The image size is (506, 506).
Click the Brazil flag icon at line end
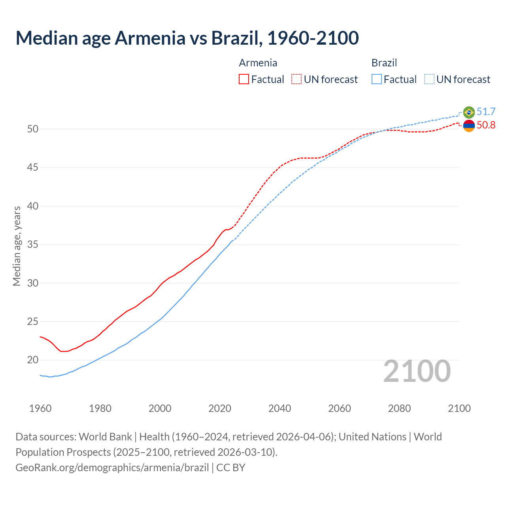[x=469, y=112]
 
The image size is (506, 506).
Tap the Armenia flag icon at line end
[x=469, y=126]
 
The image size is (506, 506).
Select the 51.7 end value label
[x=486, y=112]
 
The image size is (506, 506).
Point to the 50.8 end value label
[x=486, y=125]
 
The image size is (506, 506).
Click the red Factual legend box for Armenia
[x=244, y=79]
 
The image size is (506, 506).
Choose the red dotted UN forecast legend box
[x=296, y=79]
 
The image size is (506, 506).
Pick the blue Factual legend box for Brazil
[x=377, y=79]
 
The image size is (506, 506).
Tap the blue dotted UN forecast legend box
[x=429, y=79]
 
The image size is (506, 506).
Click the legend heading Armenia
[x=258, y=63]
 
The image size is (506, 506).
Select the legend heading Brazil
[x=384, y=63]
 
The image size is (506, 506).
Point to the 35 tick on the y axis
[x=33, y=245]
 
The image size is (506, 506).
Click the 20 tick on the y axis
[x=33, y=360]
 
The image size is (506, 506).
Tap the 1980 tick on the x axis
[x=100, y=408]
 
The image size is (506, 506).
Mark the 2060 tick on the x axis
[x=340, y=408]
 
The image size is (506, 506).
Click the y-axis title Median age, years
[x=17, y=246]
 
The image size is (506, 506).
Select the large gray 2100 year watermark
[x=417, y=371]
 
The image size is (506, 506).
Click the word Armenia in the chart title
[x=150, y=38]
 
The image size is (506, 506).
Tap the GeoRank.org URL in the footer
[x=112, y=468]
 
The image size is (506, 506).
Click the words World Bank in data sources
[x=105, y=437]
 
